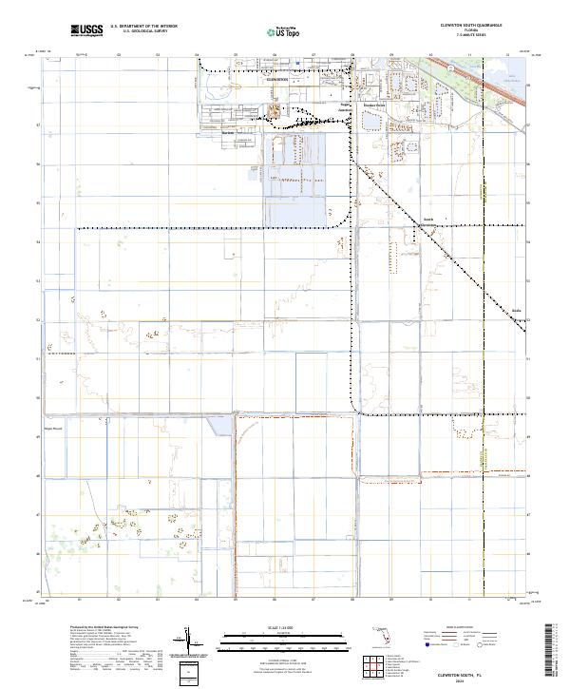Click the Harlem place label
coord(227,133)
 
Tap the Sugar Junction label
coord(345,106)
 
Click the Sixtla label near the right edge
coord(517,311)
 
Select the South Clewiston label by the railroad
coord(427,220)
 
